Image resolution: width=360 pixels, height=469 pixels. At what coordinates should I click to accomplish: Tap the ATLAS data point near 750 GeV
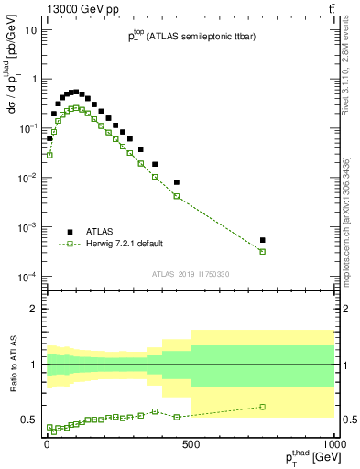[263, 240]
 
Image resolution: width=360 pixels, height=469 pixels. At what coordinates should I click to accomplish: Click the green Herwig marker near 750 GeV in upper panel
[263, 251]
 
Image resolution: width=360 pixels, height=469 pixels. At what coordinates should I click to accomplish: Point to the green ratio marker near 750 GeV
[263, 407]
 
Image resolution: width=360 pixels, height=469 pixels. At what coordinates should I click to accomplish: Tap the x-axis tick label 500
[191, 444]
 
